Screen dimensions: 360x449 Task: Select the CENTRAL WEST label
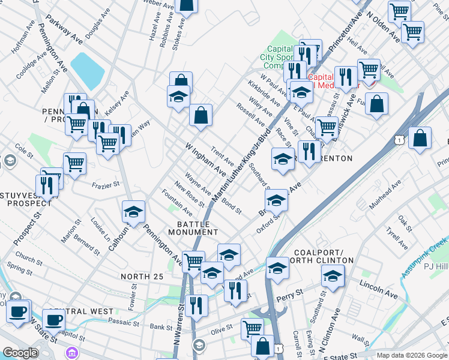tap(81, 311)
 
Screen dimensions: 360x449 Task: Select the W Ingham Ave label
tap(205, 159)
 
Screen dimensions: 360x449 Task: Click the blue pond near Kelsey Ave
tap(87, 70)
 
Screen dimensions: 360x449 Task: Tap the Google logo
tap(20, 353)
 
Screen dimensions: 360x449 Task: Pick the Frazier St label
tap(107, 186)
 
